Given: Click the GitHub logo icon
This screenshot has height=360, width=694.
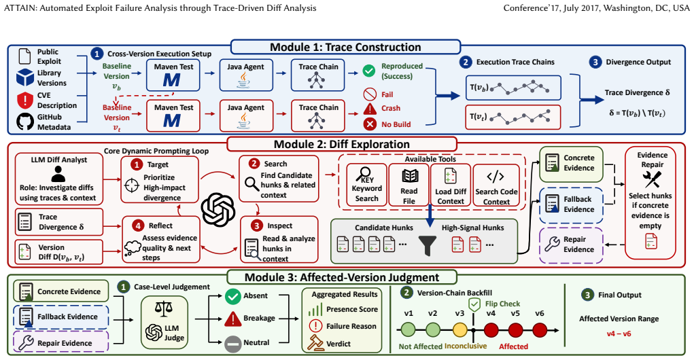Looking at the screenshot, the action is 25,122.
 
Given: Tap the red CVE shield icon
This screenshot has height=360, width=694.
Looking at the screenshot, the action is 24,101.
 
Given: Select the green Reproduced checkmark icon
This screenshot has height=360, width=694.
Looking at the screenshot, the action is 368,71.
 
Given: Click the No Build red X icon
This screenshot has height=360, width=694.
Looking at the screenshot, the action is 370,124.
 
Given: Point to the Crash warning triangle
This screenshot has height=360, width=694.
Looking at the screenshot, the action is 370,109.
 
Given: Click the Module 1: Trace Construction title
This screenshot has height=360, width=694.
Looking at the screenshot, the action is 346,48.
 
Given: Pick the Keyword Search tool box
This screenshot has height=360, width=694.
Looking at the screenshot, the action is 366,185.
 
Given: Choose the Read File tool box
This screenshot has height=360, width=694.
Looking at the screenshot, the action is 409,185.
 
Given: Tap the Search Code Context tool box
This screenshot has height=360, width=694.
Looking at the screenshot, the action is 496,185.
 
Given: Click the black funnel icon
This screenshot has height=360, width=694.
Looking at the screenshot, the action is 428,246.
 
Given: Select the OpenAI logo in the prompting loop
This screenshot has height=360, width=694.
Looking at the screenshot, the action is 218,210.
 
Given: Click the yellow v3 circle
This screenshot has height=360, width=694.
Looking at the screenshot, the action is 460,330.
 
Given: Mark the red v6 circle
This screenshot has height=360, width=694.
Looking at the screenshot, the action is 540,330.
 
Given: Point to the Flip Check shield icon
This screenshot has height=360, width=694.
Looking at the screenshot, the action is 474,304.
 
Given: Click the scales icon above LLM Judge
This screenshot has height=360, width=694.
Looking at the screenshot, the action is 164,308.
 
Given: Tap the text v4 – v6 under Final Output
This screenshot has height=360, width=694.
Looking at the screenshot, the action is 619,334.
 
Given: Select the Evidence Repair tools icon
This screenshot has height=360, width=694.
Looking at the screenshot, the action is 652,179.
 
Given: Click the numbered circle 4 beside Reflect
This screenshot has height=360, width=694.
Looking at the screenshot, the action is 138,226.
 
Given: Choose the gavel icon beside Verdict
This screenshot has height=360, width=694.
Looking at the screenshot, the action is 315,343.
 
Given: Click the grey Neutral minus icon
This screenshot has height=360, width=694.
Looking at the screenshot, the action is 233,343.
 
